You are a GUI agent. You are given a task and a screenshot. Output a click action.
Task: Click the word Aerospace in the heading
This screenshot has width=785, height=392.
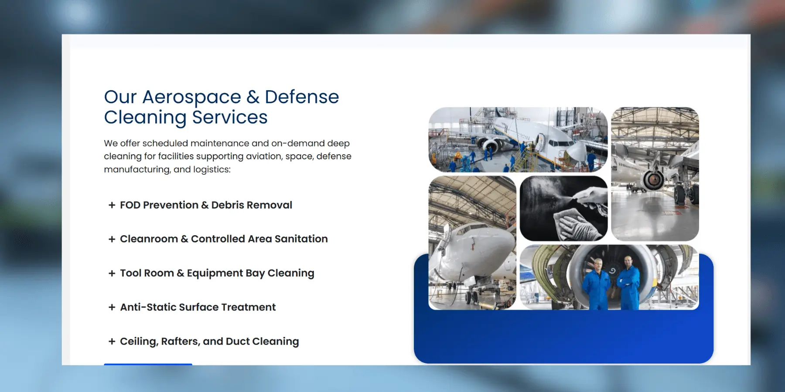coord(191,97)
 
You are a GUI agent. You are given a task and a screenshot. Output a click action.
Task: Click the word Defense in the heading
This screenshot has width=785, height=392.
coord(302,97)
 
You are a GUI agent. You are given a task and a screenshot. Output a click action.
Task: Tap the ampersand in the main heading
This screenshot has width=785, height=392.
coord(253,97)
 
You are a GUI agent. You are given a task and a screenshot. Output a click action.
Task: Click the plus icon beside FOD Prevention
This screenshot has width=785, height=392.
coord(112,205)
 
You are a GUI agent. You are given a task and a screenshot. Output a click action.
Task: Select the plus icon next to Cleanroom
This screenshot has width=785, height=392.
coord(112,239)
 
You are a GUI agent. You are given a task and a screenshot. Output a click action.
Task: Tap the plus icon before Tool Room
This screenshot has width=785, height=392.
coord(112,273)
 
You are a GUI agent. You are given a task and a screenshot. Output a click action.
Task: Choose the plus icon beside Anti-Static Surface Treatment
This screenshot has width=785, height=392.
coord(112,307)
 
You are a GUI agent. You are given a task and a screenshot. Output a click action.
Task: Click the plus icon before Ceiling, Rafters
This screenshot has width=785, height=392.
coord(112,341)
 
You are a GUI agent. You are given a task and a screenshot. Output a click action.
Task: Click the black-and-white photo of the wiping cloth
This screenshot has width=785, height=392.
coord(563,209)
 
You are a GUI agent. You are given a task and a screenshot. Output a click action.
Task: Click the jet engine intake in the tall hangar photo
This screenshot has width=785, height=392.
coord(653,179)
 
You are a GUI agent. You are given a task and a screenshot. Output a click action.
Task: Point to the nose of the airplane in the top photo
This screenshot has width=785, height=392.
coord(580,152)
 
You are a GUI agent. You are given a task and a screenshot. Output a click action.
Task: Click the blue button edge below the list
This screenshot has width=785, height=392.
coord(148,364)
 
